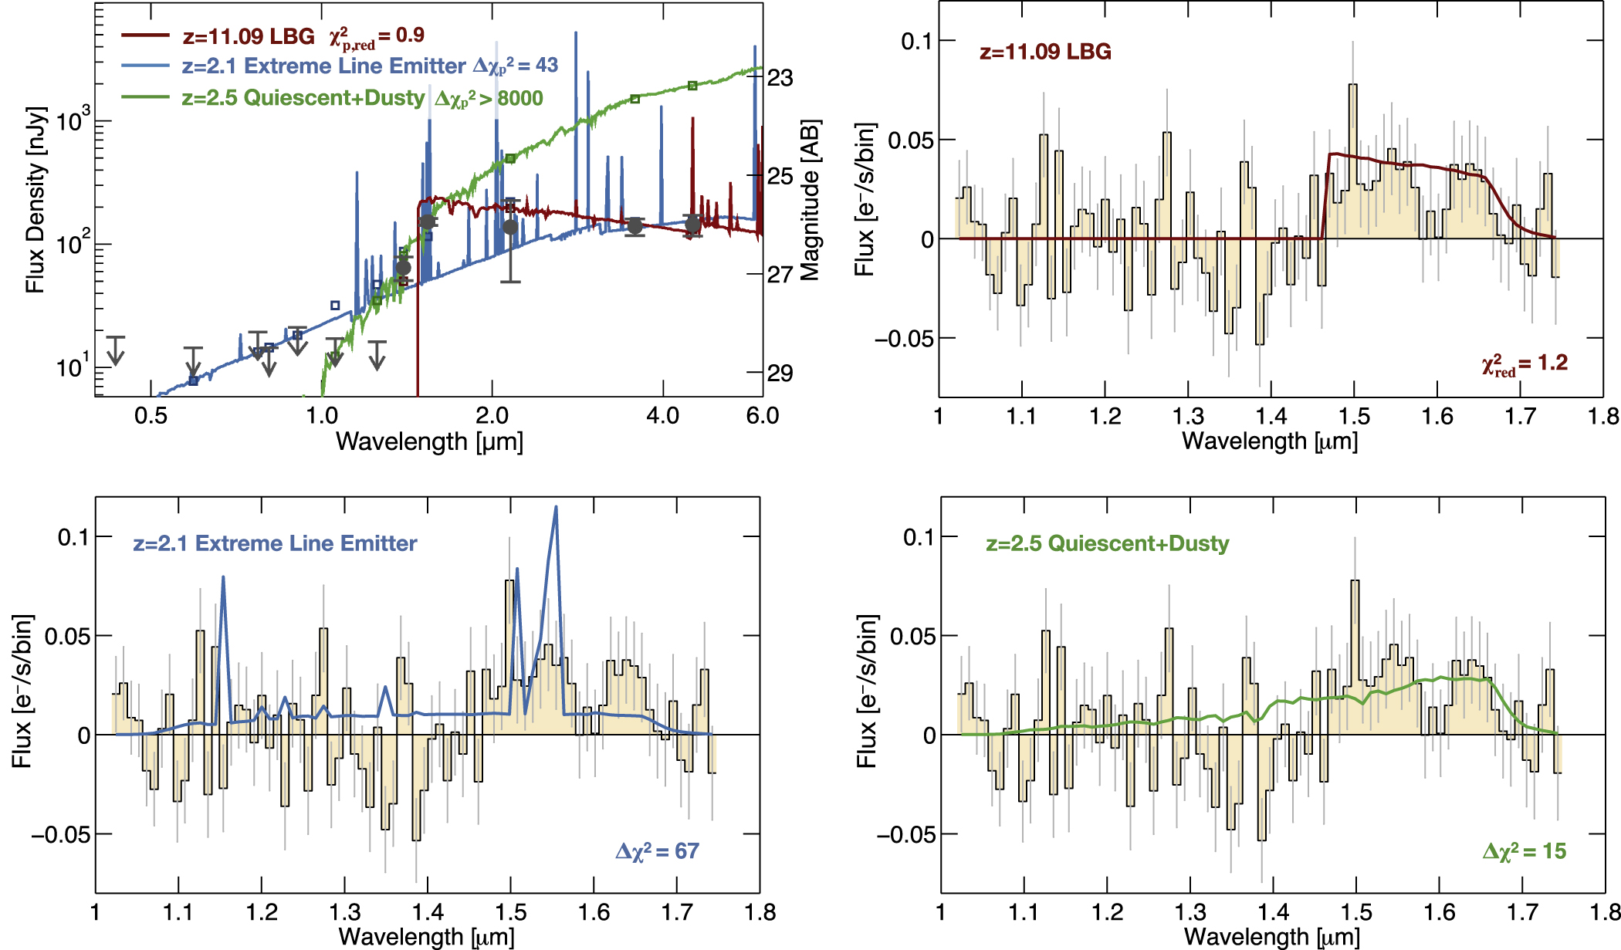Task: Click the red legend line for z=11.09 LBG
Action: click(x=145, y=35)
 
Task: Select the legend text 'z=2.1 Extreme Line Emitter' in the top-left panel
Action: click(x=323, y=66)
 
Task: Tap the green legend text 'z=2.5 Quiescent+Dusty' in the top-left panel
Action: click(x=303, y=98)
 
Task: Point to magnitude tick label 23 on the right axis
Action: click(x=780, y=78)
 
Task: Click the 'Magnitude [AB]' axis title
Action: click(x=810, y=200)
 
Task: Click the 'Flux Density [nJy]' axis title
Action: click(x=36, y=200)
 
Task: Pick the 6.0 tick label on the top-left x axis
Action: click(x=762, y=416)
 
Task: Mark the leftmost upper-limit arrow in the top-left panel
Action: click(x=115, y=351)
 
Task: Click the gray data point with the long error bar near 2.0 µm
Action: click(x=510, y=227)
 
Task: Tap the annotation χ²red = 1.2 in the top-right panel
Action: click(x=1525, y=364)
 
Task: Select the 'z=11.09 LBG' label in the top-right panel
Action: click(x=1045, y=52)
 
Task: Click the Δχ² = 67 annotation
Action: click(x=657, y=851)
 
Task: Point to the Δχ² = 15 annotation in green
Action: click(x=1525, y=851)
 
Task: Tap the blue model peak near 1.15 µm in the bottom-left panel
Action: click(x=223, y=578)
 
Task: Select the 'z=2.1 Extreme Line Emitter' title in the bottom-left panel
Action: click(x=275, y=543)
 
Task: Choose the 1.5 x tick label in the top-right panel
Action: click(x=1354, y=417)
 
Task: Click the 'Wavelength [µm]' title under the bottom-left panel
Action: click(x=427, y=937)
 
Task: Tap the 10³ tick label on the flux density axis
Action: click(x=73, y=121)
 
